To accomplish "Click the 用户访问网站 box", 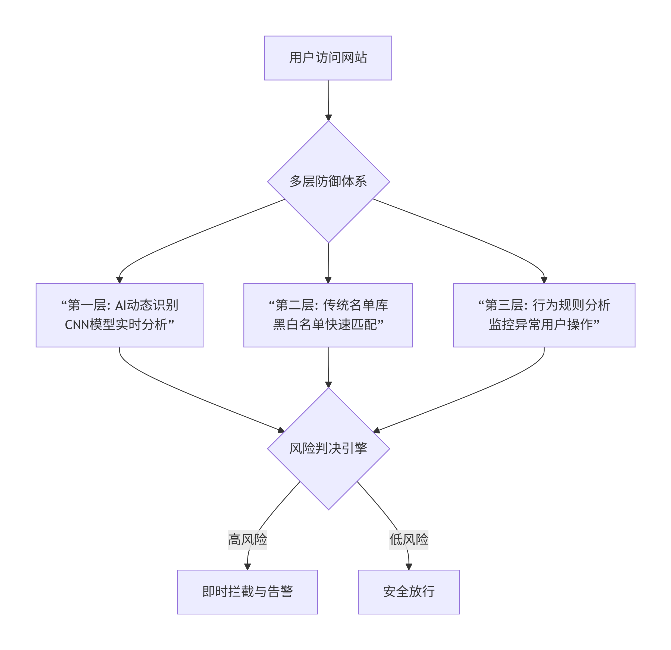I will pyautogui.click(x=328, y=58).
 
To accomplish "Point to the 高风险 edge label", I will pyautogui.click(x=247, y=540).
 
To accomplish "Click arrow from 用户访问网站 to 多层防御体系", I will pyautogui.click(x=328, y=99).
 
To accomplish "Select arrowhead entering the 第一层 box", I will pyautogui.click(x=120, y=280).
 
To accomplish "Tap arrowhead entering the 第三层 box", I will pyautogui.click(x=544, y=280).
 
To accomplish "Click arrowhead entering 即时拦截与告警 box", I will pyautogui.click(x=247, y=566).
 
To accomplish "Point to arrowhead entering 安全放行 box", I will pyautogui.click(x=408, y=566).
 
